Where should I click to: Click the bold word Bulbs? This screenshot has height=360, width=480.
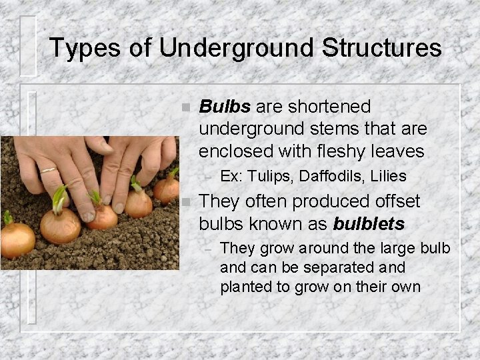click(x=225, y=107)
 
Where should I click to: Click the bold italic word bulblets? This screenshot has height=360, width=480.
click(x=369, y=223)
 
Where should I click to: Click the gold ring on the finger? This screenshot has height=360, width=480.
click(x=49, y=170)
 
